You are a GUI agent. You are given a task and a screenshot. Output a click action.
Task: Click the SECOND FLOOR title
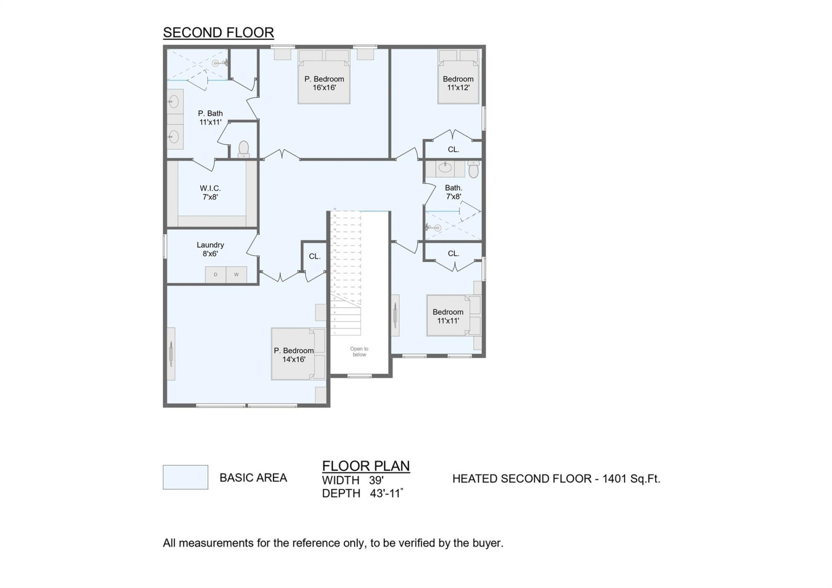(x=218, y=32)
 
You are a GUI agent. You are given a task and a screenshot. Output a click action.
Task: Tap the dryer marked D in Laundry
(x=215, y=275)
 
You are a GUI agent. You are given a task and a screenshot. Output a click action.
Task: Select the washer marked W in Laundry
(x=236, y=275)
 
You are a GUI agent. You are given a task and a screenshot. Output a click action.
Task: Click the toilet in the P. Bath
(x=244, y=149)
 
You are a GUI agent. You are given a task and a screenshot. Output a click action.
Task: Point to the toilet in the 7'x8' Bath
(x=473, y=169)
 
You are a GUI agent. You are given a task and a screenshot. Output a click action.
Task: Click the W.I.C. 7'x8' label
(x=210, y=192)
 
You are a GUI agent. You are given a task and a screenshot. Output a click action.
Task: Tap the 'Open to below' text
(x=359, y=351)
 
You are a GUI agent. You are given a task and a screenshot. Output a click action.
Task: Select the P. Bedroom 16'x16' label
(x=324, y=83)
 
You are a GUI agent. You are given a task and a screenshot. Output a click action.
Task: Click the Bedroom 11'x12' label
(x=458, y=83)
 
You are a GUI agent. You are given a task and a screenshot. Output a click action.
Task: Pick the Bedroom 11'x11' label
(x=448, y=316)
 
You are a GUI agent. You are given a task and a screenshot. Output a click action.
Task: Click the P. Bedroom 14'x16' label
(x=293, y=355)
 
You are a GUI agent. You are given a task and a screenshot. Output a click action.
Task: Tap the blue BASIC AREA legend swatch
(x=185, y=477)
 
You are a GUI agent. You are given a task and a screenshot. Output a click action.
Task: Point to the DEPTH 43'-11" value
(x=386, y=493)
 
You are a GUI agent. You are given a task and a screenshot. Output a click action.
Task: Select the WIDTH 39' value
(x=376, y=480)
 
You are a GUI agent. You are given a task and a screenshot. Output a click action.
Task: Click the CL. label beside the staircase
(x=315, y=257)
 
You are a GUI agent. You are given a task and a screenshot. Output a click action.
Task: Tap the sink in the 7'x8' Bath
(x=445, y=168)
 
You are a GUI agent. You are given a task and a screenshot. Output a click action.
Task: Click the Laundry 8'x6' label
(x=210, y=249)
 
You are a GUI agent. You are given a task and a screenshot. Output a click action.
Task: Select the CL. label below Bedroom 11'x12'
(x=453, y=149)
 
